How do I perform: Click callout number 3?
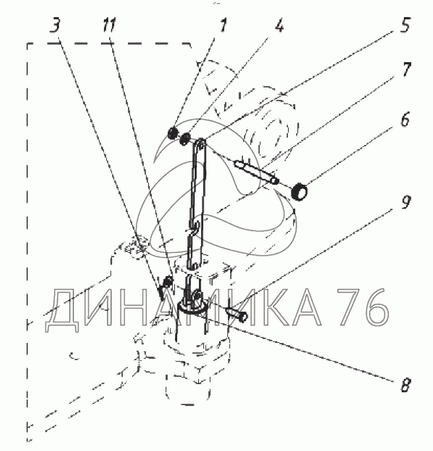(56, 25)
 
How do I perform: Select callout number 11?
(109, 25)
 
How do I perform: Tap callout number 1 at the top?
(222, 25)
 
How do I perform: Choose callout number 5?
(405, 25)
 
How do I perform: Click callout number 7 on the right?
(406, 70)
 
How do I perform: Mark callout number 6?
(405, 119)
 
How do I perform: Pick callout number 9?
(406, 202)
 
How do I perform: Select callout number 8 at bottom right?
(406, 385)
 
